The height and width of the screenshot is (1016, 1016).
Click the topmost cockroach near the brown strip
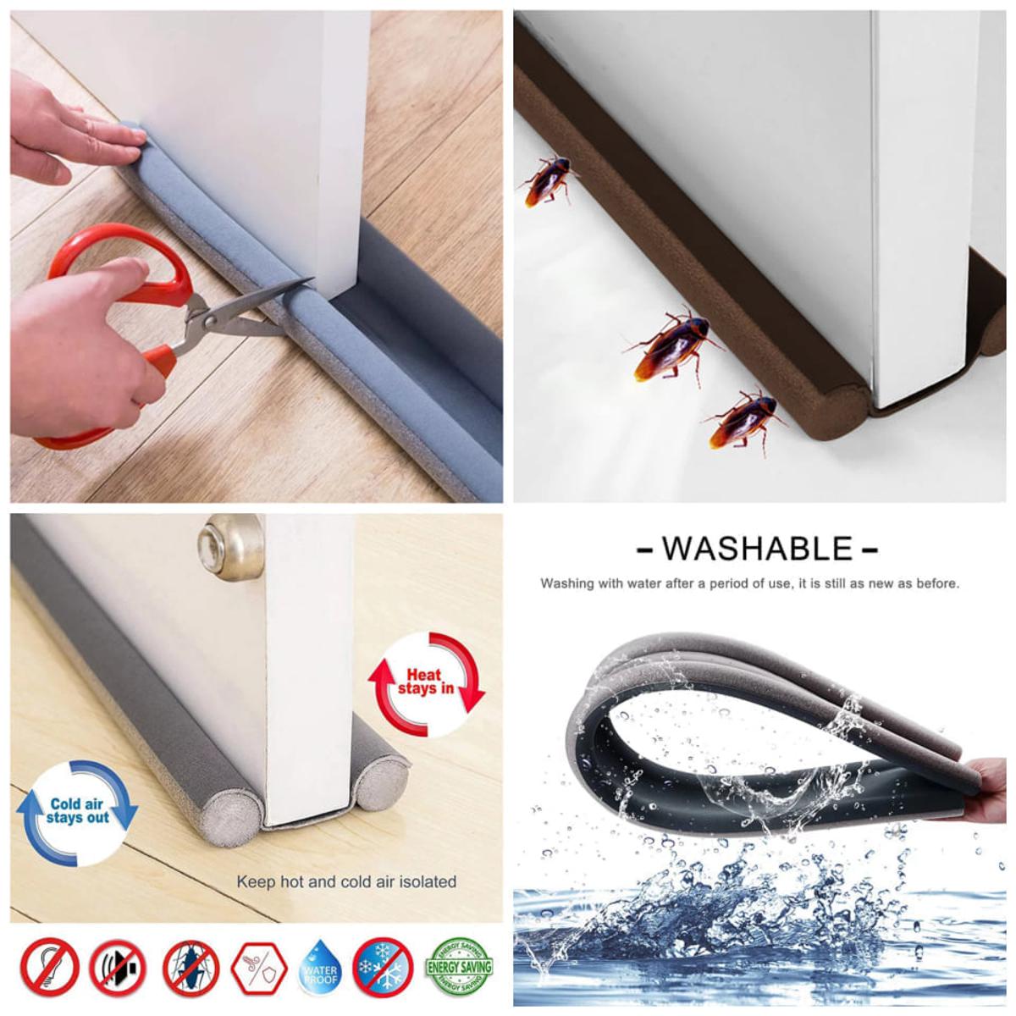pyautogui.click(x=544, y=179)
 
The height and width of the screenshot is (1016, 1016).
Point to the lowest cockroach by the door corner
pyautogui.click(x=742, y=421)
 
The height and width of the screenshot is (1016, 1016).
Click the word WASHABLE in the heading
pyautogui.click(x=757, y=549)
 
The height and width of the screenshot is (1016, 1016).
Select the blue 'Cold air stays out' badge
pyautogui.click(x=77, y=810)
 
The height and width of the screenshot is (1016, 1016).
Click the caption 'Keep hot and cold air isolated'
pyautogui.click(x=346, y=881)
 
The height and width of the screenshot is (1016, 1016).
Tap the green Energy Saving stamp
pyautogui.click(x=458, y=965)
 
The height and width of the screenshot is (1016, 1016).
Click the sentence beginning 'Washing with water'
pyautogui.click(x=749, y=583)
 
